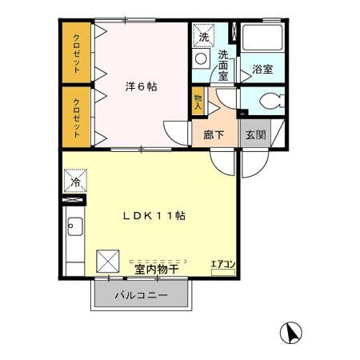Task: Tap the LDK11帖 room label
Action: coord(154,216)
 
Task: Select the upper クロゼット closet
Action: coord(77,53)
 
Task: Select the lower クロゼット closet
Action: coord(77,117)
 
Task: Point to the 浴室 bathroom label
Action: coord(262,70)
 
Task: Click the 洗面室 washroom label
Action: coord(224,64)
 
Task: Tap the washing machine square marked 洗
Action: coord(203,37)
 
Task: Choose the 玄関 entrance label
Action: coord(255,134)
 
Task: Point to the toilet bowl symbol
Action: coord(268,102)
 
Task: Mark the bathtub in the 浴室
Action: coord(262,39)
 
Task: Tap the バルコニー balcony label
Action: coord(141,295)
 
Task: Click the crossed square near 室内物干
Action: coord(107,261)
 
